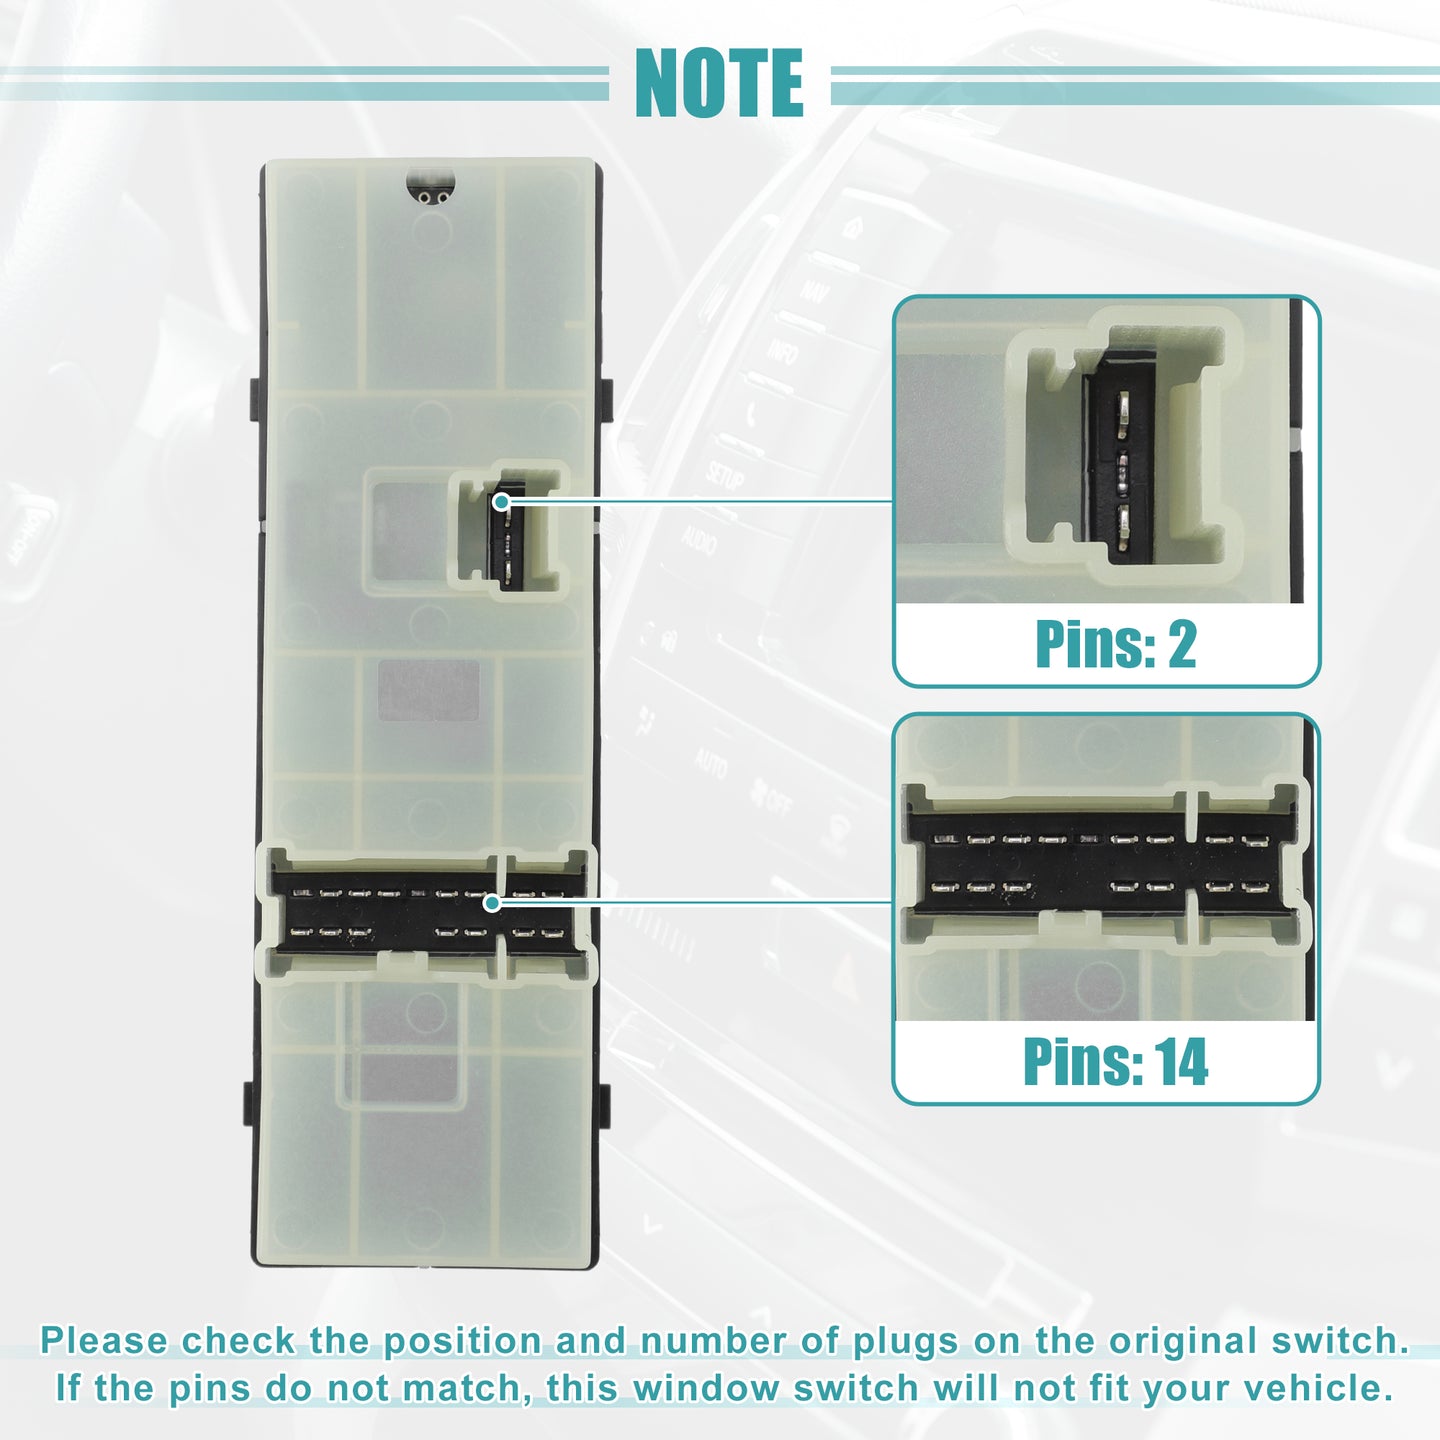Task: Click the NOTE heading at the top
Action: point(719,83)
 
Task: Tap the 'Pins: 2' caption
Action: point(1115,644)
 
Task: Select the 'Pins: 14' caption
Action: point(1115,1062)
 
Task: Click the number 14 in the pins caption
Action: point(1181,1062)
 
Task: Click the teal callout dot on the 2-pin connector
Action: point(501,501)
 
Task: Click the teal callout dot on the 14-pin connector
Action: point(492,903)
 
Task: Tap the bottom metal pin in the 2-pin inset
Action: point(1122,528)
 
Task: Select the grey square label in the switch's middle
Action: point(428,690)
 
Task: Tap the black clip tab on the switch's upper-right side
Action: point(607,400)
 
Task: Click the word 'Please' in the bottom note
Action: point(104,1341)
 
